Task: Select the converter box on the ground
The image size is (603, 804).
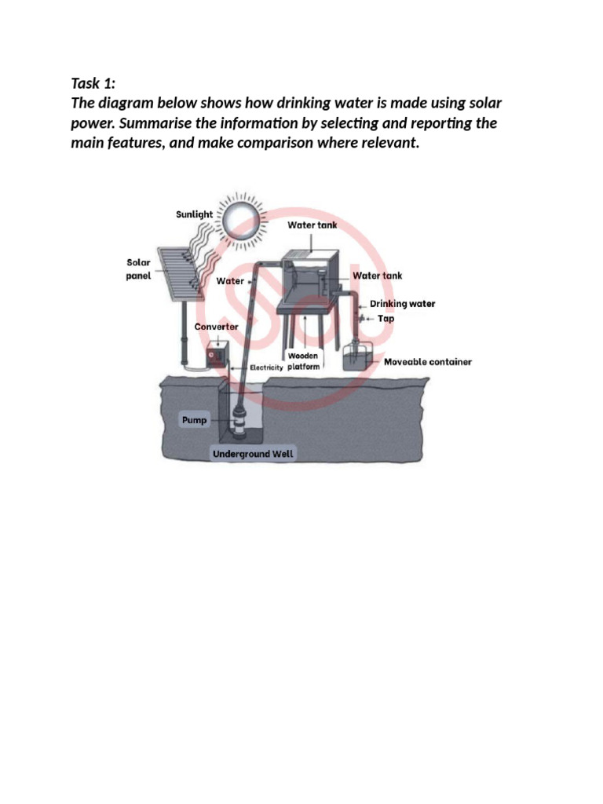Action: point(216,356)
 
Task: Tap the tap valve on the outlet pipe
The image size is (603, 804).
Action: point(360,319)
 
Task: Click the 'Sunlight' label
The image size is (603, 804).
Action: point(194,214)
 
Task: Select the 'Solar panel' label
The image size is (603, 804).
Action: point(138,269)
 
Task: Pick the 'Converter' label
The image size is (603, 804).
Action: point(216,327)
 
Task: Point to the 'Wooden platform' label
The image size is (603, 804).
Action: point(302,361)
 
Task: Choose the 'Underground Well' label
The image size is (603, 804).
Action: point(252,454)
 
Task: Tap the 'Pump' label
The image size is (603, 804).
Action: point(194,420)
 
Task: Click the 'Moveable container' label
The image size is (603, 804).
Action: point(427,362)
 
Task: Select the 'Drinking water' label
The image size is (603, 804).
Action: point(402,304)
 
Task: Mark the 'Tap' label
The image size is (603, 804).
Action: point(386,319)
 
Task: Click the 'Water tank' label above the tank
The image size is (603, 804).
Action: point(312,225)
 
